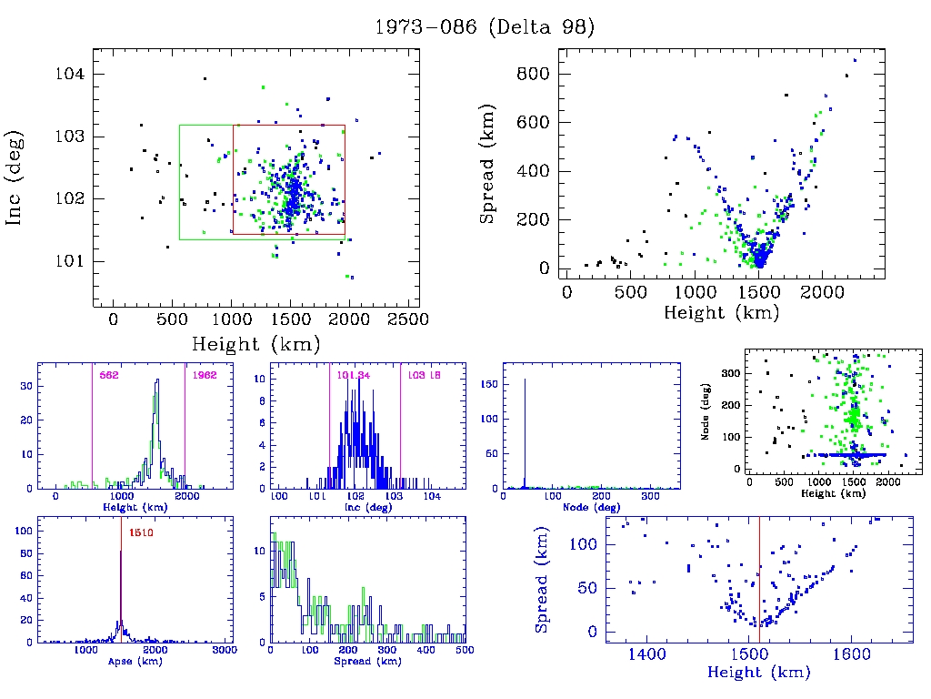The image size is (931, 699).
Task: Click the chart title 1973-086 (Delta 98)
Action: coord(485,27)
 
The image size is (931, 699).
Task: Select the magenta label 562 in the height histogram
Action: coord(109,375)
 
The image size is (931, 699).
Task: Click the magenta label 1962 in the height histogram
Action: coord(199,375)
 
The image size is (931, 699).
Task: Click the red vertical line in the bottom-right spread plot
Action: coord(760,582)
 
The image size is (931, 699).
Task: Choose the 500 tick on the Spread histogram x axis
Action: coord(465,652)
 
